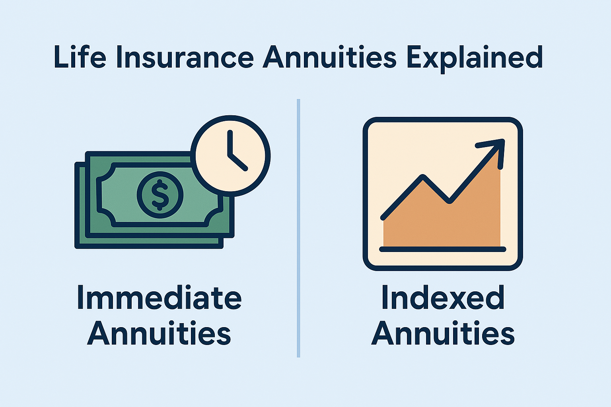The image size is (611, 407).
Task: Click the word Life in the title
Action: tap(80, 58)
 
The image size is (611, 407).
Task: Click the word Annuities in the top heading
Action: tap(329, 58)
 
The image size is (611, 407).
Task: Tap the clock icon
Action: tap(230, 155)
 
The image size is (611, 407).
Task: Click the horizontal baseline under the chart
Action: tap(442, 249)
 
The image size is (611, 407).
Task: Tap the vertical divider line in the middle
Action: tap(298, 228)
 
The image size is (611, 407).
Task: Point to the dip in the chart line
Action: tap(449, 201)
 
